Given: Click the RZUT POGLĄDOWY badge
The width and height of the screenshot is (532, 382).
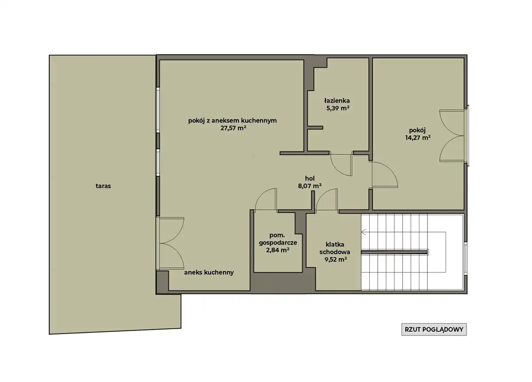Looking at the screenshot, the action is tap(434, 329).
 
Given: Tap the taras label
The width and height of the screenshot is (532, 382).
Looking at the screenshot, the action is tap(103, 186).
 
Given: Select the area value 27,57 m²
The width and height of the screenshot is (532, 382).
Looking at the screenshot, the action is tap(233, 128).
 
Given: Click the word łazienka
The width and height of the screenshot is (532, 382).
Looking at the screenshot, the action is tap(337, 101).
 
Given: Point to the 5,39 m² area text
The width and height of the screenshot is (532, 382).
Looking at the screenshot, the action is tap(338, 108).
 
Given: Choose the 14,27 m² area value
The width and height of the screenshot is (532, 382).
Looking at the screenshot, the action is tap(418, 138).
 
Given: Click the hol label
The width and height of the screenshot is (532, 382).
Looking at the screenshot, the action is tap(310, 178).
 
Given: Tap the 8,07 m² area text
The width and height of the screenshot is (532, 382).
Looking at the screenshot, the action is tap(310, 185).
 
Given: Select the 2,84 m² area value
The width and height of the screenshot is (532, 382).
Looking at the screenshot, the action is tap(278, 250).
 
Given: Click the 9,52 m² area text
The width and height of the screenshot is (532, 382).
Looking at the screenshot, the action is tap(336, 260).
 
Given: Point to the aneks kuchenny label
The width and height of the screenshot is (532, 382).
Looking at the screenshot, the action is tap(209, 272).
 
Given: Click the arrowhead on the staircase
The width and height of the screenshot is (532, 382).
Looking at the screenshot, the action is tap(364, 232).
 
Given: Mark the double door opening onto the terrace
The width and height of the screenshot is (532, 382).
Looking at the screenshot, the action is tap(170, 243).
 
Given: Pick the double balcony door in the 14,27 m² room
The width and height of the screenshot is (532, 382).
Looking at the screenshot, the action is tap(453, 136).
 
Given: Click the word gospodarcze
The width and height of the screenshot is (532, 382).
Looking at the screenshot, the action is tap(278, 243).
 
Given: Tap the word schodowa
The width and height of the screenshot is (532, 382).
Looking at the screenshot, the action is tap(335, 252).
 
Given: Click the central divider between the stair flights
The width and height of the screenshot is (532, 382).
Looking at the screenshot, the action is tap(394, 252).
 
